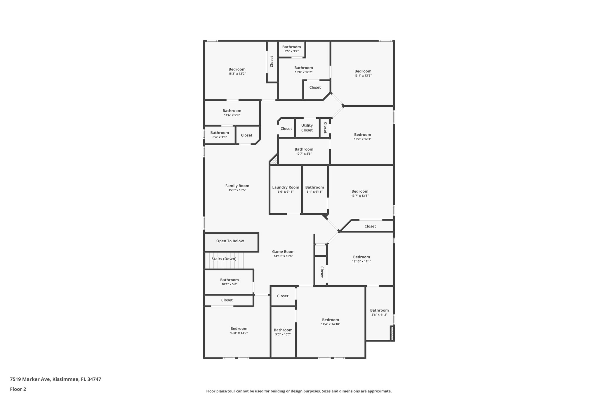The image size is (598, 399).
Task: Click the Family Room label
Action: pyautogui.click(x=237, y=186)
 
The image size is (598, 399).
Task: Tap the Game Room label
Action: pyautogui.click(x=283, y=252)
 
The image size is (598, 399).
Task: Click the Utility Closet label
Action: pyautogui.click(x=307, y=128)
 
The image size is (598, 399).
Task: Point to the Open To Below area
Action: pyautogui.click(x=230, y=241)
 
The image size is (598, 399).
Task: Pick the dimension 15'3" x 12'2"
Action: pyautogui.click(x=237, y=74)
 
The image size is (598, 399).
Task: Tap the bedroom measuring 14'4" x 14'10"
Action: pyautogui.click(x=331, y=322)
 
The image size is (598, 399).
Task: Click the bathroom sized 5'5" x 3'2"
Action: pyautogui.click(x=291, y=49)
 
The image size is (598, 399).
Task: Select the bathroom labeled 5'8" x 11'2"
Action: pyautogui.click(x=379, y=312)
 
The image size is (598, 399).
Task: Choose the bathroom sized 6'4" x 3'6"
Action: pyautogui.click(x=220, y=134)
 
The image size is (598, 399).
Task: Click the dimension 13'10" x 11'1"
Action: pyautogui.click(x=361, y=262)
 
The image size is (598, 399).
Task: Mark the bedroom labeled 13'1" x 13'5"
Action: pyautogui.click(x=363, y=73)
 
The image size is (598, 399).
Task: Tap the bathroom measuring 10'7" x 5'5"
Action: pyautogui.click(x=304, y=151)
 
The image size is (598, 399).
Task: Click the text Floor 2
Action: pyautogui.click(x=18, y=389)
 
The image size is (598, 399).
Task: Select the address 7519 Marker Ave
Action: pyautogui.click(x=30, y=379)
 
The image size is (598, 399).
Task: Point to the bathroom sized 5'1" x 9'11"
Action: pyautogui.click(x=314, y=189)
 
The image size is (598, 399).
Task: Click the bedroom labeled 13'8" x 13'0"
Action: pyautogui.click(x=239, y=331)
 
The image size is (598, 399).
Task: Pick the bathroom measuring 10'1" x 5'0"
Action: pyautogui.click(x=229, y=282)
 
